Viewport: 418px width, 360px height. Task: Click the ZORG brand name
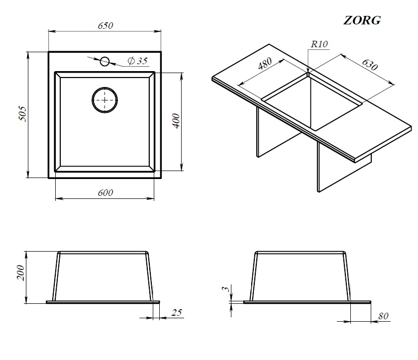coord(362,20)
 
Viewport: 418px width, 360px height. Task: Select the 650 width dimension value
coord(105,25)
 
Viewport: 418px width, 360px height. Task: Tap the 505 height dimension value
coord(23,114)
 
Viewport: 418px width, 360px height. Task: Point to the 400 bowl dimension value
coord(176,121)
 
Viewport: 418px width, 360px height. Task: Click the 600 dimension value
coord(105,192)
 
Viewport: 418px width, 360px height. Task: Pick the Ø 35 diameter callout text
coord(137,61)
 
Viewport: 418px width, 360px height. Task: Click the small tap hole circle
coord(105,61)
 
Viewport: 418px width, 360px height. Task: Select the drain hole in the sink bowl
coord(105,100)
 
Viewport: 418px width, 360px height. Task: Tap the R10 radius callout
coord(319,44)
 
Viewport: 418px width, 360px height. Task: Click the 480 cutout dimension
coord(265,64)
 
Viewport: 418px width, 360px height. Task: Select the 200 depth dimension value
coord(20,273)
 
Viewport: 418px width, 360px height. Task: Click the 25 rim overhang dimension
coord(177,313)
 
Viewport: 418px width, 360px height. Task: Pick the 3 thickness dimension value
coord(226,288)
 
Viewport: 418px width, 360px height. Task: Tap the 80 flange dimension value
coord(383,316)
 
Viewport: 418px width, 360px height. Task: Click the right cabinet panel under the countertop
coord(344,167)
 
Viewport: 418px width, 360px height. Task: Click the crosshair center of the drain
coord(105,100)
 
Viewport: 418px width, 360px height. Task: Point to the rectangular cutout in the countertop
coord(312,102)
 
